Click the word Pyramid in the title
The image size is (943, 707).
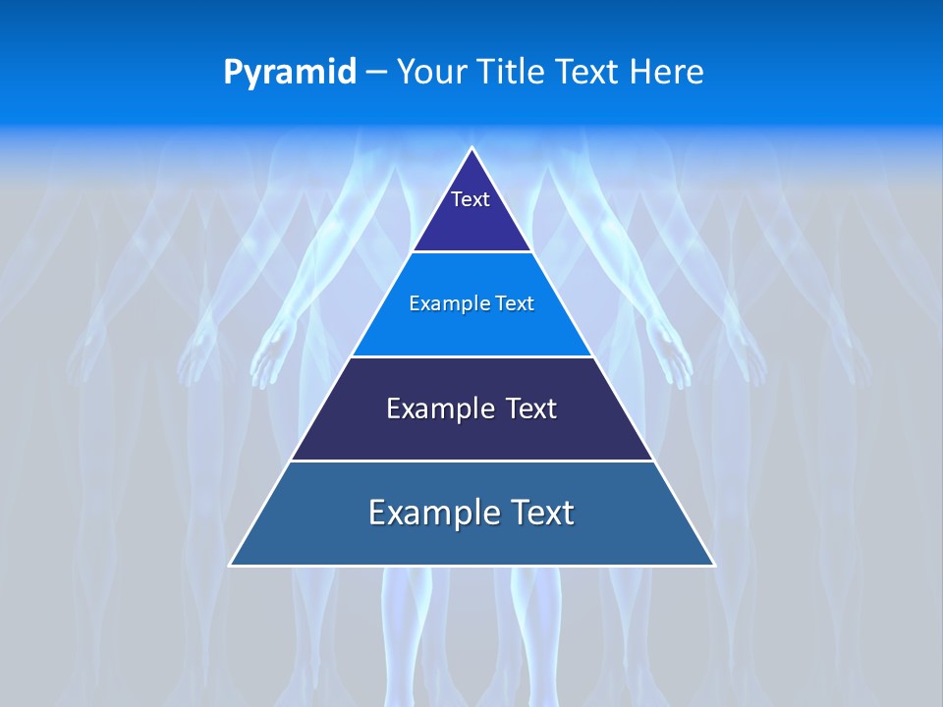(x=289, y=73)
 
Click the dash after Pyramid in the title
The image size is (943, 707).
(x=375, y=73)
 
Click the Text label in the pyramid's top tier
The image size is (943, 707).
(x=471, y=199)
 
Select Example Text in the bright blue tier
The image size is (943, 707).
(x=471, y=303)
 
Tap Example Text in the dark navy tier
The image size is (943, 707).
(x=471, y=408)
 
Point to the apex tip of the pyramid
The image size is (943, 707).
(x=471, y=149)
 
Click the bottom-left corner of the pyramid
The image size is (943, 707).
(x=231, y=565)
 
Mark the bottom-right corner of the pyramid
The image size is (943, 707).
(x=713, y=565)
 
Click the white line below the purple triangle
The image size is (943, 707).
(x=471, y=252)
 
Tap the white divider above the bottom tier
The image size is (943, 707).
(x=471, y=461)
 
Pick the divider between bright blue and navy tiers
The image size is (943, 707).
(x=471, y=356)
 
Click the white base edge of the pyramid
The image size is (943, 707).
(x=471, y=566)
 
